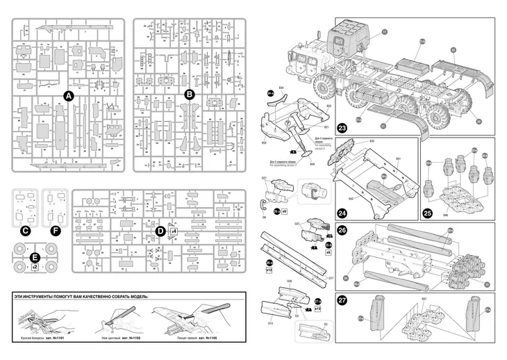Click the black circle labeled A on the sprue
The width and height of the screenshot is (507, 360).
[x=68, y=95]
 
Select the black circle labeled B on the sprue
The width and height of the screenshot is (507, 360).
[x=188, y=94]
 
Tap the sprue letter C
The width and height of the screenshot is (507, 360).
[x=25, y=230]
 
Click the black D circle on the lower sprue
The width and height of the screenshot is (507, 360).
[x=160, y=230]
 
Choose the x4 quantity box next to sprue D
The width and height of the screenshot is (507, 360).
[x=174, y=230]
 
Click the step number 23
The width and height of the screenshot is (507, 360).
[x=342, y=128]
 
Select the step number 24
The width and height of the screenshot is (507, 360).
[x=342, y=213]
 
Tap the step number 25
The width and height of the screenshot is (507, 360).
[x=428, y=213]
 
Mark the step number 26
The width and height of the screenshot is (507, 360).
[x=342, y=231]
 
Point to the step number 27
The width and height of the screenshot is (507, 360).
[x=342, y=300]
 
